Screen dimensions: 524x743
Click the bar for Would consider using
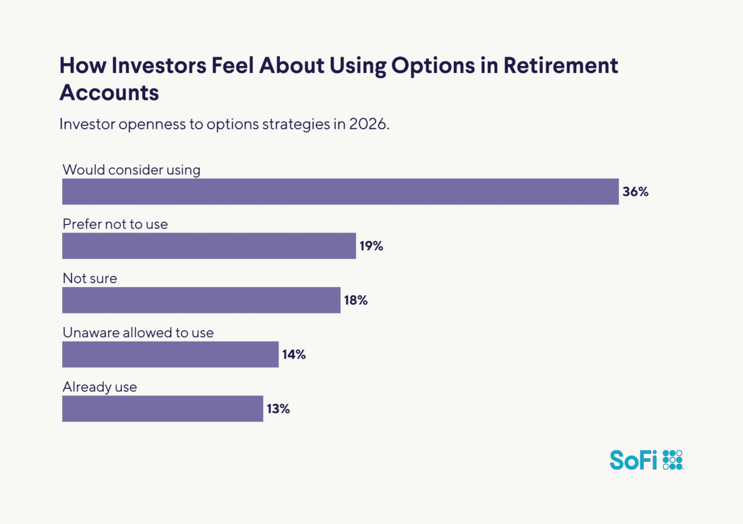[340, 191]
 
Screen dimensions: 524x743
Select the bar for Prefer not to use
[209, 245]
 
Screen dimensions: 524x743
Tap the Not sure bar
[201, 300]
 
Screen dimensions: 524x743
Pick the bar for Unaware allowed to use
[170, 354]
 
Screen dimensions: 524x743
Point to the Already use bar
[163, 409]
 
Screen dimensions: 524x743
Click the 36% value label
[635, 191]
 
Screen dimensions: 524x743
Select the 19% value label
[371, 246]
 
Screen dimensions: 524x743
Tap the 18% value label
[355, 300]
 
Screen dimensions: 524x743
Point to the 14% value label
[294, 355]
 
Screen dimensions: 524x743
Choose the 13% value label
[278, 409]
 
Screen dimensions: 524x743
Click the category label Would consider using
[131, 170]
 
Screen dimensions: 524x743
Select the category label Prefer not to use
[115, 224]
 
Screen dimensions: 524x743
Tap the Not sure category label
[90, 279]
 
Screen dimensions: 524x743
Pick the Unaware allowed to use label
[138, 333]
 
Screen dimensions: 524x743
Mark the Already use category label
[100, 387]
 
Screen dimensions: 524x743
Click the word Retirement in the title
[561, 66]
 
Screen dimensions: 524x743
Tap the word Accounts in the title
[109, 92]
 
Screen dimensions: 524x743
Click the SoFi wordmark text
[633, 460]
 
